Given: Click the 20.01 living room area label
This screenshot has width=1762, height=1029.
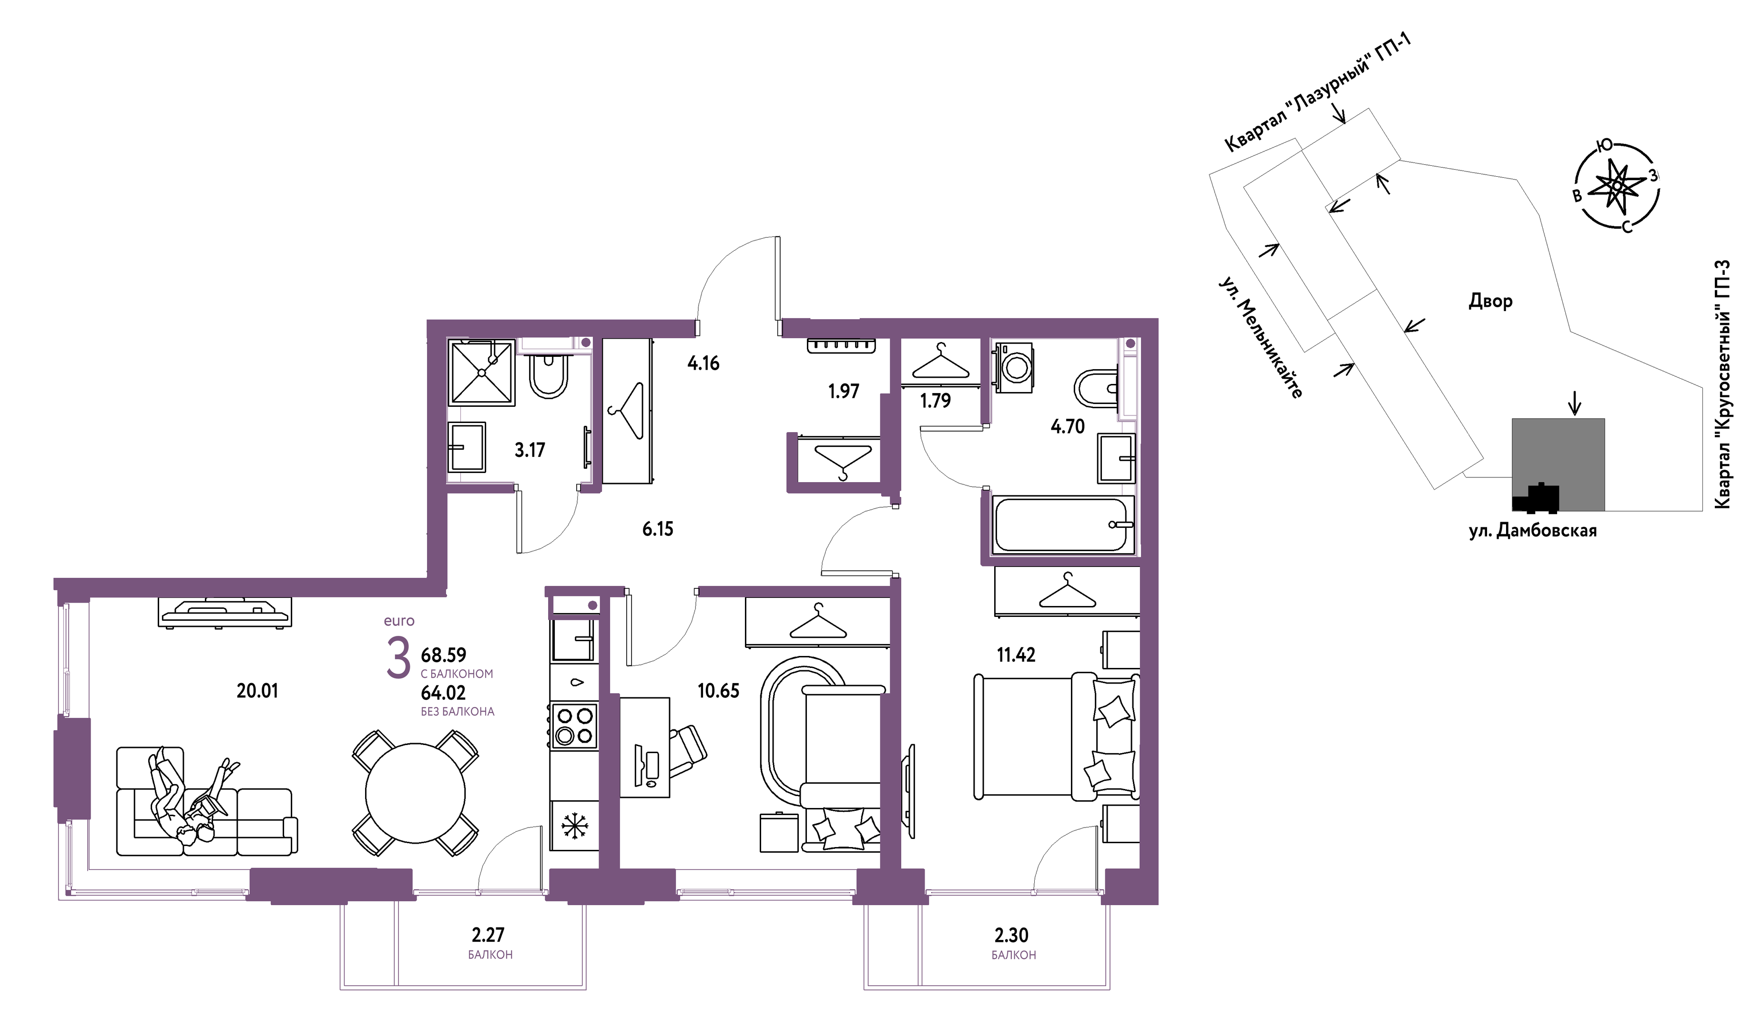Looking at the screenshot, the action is [x=257, y=691].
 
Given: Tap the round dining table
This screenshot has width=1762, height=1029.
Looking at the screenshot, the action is [x=415, y=793].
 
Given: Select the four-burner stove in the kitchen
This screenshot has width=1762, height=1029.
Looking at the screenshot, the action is [x=574, y=726].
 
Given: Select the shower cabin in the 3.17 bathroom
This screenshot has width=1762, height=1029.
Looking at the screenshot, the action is [x=482, y=373].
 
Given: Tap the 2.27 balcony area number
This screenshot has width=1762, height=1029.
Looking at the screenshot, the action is [x=488, y=935].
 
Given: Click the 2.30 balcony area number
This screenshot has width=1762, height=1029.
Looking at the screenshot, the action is [x=1012, y=935].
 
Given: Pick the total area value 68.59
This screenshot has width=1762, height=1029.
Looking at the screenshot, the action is [x=443, y=655].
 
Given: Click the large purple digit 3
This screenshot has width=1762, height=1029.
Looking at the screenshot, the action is [x=398, y=658].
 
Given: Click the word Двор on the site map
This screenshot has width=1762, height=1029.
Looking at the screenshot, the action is [x=1490, y=301].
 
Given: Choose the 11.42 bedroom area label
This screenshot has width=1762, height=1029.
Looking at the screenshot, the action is [x=1016, y=655].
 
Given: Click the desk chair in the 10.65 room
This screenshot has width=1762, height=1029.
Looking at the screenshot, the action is [x=687, y=751].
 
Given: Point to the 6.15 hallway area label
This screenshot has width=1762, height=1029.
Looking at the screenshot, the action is [x=658, y=529].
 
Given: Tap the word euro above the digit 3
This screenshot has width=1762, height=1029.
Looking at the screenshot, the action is [x=399, y=621].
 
